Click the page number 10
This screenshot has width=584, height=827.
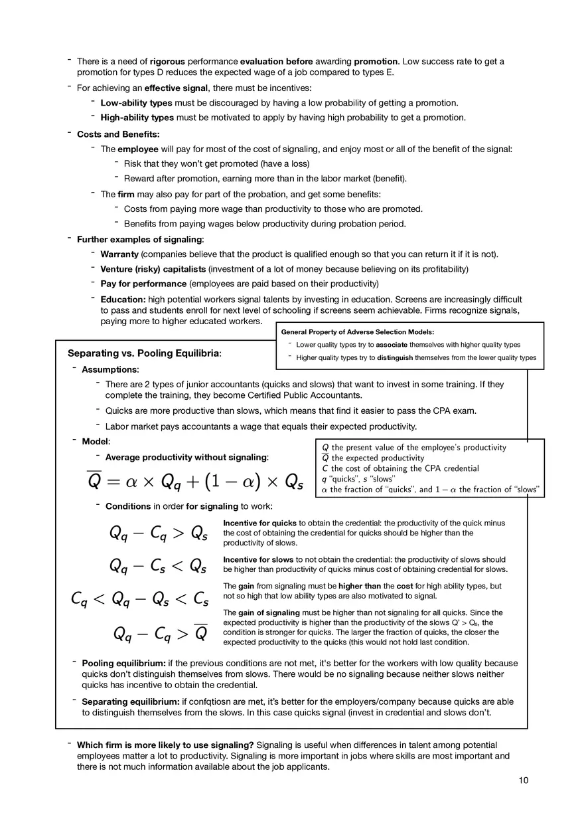pos(524,781)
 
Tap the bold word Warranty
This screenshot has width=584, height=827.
pos(119,254)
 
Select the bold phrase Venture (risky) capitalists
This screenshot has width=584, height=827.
pos(153,269)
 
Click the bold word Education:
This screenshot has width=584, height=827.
pos(123,300)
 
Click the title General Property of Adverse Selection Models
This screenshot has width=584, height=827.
pos(358,331)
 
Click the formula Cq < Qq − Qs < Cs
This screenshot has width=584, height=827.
pos(139,599)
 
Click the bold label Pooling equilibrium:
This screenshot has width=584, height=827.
pos(123,664)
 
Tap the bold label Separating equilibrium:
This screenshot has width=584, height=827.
pos(130,702)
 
